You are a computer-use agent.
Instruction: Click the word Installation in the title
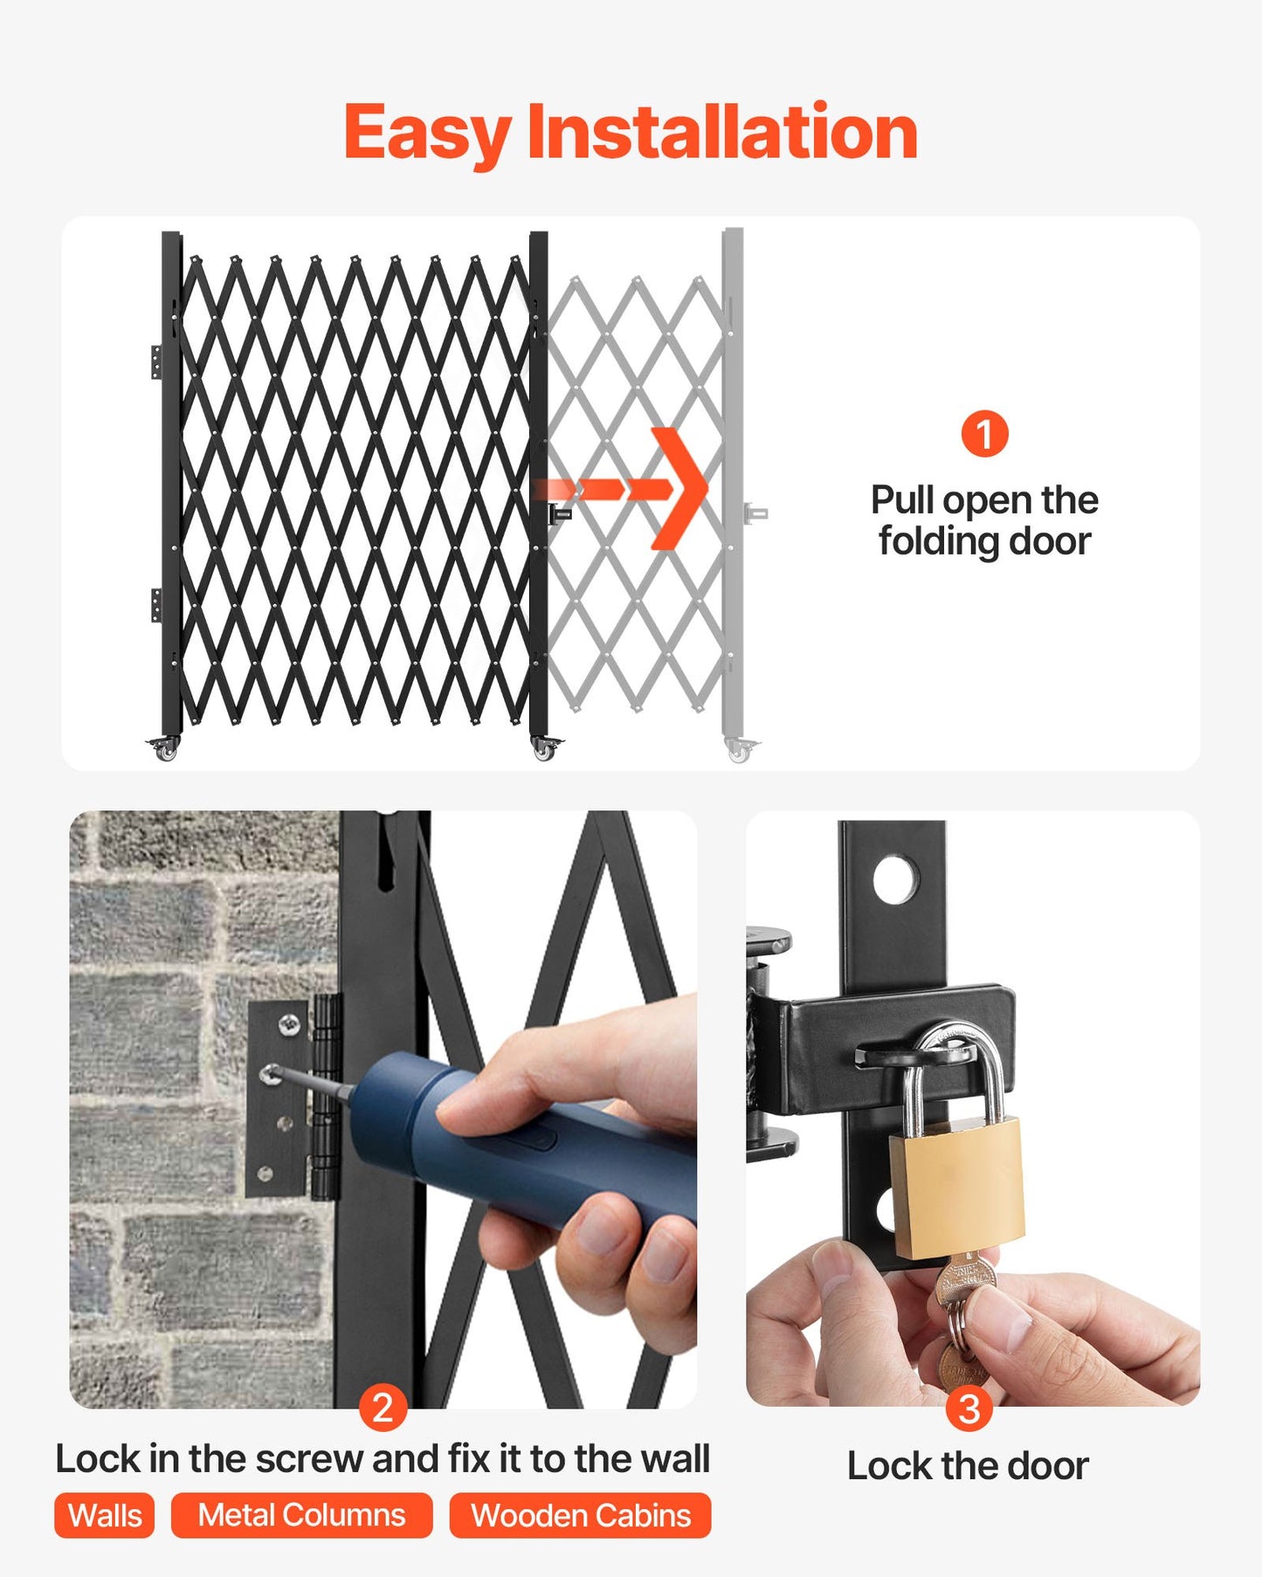pos(722,132)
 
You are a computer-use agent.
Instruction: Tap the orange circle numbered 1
pos(984,434)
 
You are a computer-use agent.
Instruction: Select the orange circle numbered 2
pos(383,1407)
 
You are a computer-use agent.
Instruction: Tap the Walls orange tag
pos(105,1515)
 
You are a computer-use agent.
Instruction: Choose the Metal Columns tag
pos(301,1515)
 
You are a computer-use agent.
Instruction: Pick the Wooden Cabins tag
pos(581,1515)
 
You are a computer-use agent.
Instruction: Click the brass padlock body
pos(956,1188)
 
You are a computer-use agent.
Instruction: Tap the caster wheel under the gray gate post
pos(739,751)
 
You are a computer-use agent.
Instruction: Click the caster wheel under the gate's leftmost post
pos(166,750)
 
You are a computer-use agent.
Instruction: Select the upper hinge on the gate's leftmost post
pos(155,362)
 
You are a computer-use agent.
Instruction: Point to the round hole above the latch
pos(895,880)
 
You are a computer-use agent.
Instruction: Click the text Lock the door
pos(968,1466)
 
